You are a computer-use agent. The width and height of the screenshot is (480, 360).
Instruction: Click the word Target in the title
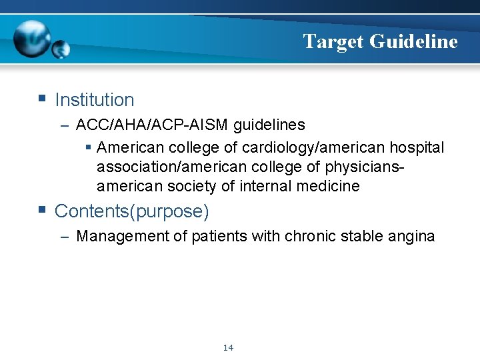point(333,41)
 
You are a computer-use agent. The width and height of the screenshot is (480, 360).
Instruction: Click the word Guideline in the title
point(413,41)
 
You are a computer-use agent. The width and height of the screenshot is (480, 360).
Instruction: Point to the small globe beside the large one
point(61,49)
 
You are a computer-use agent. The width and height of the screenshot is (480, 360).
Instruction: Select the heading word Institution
point(95,100)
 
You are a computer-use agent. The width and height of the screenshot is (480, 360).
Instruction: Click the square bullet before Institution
point(42,99)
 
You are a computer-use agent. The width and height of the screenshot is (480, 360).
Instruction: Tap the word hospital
point(417,147)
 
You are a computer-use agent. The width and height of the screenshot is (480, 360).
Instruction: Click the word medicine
point(327,186)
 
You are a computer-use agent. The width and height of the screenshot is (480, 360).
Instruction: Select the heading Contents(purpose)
point(132,211)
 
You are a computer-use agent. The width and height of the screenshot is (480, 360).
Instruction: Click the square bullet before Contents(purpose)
point(42,211)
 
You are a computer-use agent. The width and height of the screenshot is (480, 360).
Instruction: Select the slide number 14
point(229,347)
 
